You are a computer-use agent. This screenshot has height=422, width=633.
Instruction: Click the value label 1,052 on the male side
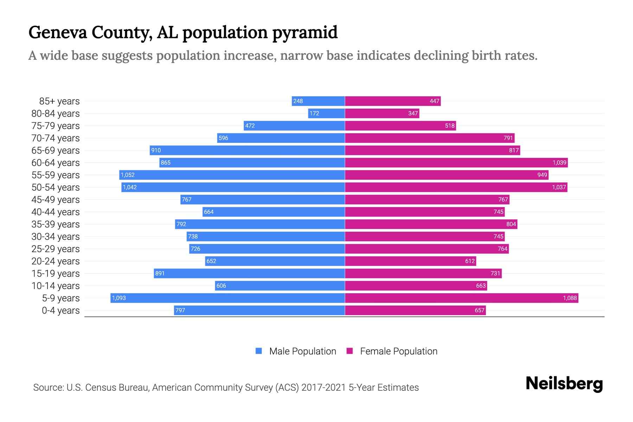(128, 175)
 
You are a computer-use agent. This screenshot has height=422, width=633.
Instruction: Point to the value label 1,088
(570, 298)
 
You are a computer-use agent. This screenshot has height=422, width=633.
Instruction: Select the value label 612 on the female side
(470, 261)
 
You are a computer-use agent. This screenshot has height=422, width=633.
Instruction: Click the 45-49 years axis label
(56, 199)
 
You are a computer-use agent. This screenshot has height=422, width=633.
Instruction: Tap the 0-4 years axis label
(60, 310)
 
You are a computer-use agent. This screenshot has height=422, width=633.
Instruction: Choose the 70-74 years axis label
(56, 138)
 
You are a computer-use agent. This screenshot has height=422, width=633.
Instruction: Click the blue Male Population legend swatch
(259, 351)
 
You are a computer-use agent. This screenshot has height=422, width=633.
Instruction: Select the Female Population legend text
(398, 351)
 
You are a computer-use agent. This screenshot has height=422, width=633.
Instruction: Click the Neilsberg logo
(564, 384)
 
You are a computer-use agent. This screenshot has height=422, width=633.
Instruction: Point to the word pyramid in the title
(305, 32)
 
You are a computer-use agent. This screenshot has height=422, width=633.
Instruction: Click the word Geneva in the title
(58, 32)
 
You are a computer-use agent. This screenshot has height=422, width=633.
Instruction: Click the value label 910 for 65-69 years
(156, 150)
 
